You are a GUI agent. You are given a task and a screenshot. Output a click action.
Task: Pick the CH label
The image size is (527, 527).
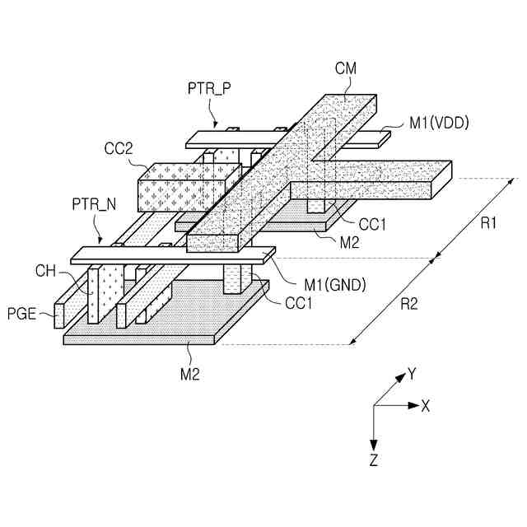[45, 269]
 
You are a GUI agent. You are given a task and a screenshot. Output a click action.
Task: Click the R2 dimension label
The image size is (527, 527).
[409, 304]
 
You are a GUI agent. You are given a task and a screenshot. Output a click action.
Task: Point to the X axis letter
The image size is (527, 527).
[427, 405]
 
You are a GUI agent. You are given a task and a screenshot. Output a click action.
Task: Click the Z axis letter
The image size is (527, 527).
[374, 459]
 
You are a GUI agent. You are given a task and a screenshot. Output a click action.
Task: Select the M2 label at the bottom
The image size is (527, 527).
[191, 374]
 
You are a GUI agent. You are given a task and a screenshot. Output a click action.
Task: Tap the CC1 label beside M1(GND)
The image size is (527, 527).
[300, 303]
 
